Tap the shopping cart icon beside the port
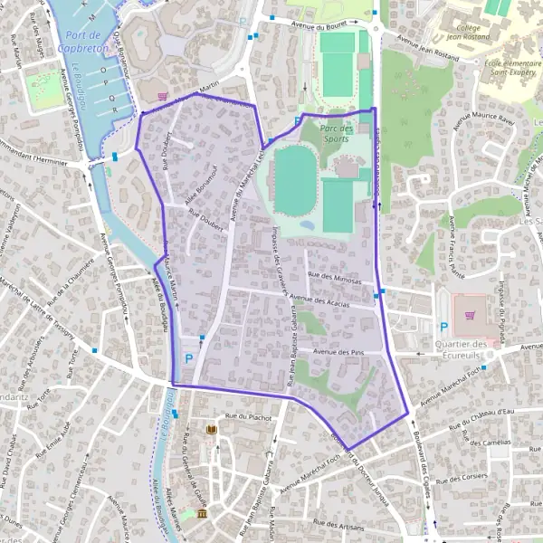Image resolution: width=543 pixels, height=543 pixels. [162, 95]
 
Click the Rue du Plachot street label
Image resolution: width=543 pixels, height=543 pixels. [248, 416]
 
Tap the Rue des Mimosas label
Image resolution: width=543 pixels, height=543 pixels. [334, 281]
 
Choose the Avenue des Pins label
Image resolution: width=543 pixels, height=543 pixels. [337, 351]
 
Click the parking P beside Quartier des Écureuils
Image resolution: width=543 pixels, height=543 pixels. [443, 328]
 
